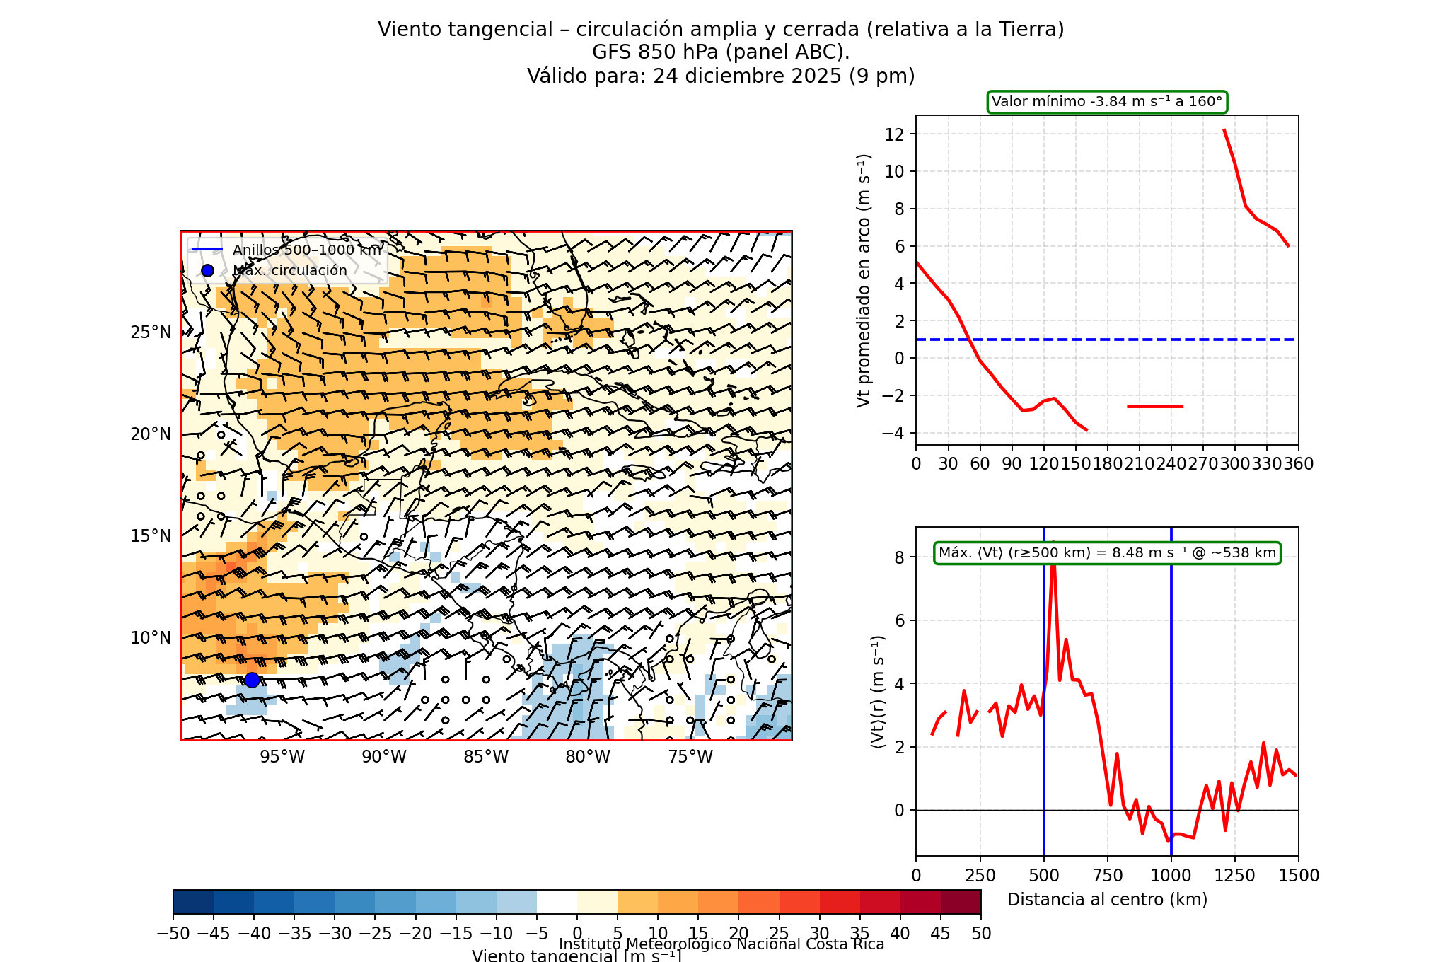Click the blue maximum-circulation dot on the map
pos(252,680)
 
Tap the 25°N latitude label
pos(151,332)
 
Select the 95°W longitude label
pos(282,757)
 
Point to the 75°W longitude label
pos(690,757)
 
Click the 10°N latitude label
pos(151,638)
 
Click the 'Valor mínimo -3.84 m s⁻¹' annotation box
pos(1107,102)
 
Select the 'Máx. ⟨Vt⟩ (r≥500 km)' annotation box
pos(1107,553)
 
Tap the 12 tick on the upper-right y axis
pos(895,134)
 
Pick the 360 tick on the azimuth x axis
pos(1299,464)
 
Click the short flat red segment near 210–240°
pos(1155,406)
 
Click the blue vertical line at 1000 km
pos(1171,707)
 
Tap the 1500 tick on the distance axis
pos(1299,876)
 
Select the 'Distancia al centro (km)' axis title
pos(1107,900)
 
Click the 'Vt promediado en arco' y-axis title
pos(863,281)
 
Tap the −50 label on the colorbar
pos(173,934)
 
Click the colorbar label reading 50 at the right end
pos(981,934)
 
